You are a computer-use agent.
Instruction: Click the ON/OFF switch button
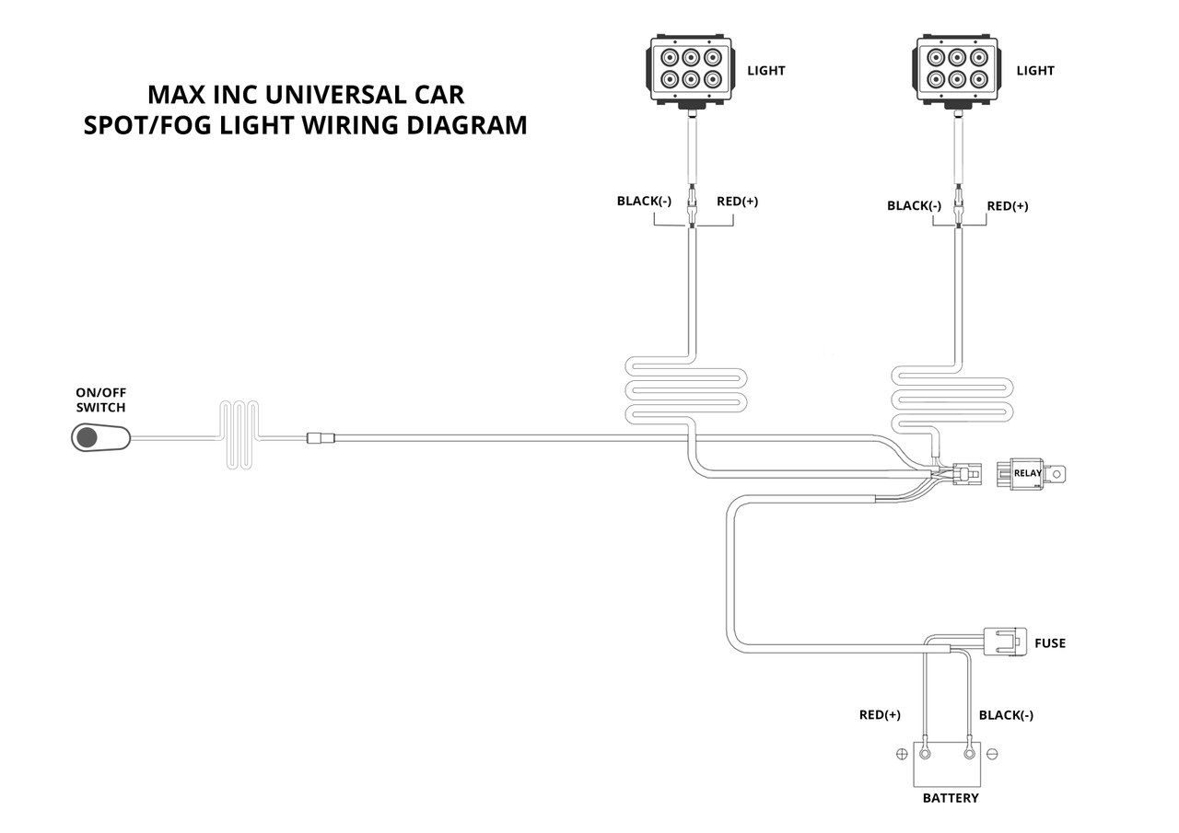tap(100, 437)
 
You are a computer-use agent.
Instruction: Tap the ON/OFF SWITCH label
tap(100, 399)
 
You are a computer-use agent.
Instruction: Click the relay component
tap(1031, 473)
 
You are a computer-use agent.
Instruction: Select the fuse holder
tap(1005, 642)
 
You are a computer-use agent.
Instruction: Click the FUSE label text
tap(1050, 643)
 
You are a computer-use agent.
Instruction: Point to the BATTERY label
tap(951, 798)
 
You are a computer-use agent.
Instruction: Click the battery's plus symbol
tap(902, 754)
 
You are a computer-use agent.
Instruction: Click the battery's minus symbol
tap(992, 754)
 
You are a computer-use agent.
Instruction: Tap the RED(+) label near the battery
tap(880, 714)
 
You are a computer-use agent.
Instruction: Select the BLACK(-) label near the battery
tap(1006, 715)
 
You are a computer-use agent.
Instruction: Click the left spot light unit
tap(690, 72)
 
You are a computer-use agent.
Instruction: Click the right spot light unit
tap(956, 72)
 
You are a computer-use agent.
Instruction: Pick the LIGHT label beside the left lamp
tap(765, 71)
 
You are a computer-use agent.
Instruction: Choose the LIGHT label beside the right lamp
tap(1035, 71)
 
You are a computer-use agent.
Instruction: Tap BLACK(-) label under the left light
tap(644, 201)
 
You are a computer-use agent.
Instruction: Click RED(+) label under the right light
tap(1008, 205)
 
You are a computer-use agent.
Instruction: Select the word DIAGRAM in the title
tap(467, 125)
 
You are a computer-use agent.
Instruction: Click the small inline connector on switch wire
tap(321, 437)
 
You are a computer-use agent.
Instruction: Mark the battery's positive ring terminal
tap(925, 754)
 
